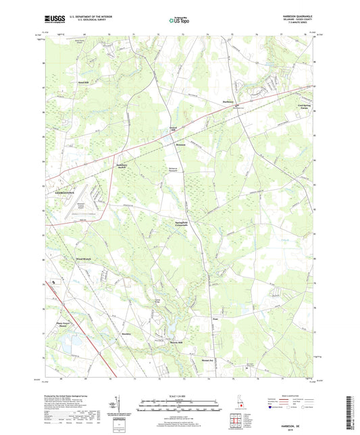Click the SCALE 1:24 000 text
pos(180,395)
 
